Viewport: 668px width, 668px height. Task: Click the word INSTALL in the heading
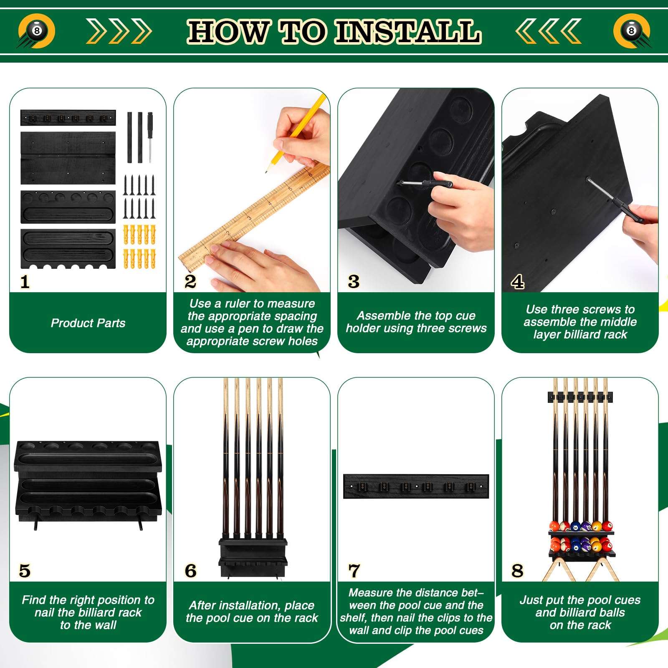click(407, 32)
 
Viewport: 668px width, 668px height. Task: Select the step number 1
click(25, 282)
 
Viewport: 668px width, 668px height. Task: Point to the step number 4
click(518, 282)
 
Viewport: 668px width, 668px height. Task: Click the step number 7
click(354, 571)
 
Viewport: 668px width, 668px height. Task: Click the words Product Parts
click(88, 323)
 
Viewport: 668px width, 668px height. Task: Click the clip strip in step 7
click(416, 486)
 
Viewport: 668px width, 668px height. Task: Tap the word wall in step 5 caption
click(106, 625)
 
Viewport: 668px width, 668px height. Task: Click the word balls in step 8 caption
click(610, 612)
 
